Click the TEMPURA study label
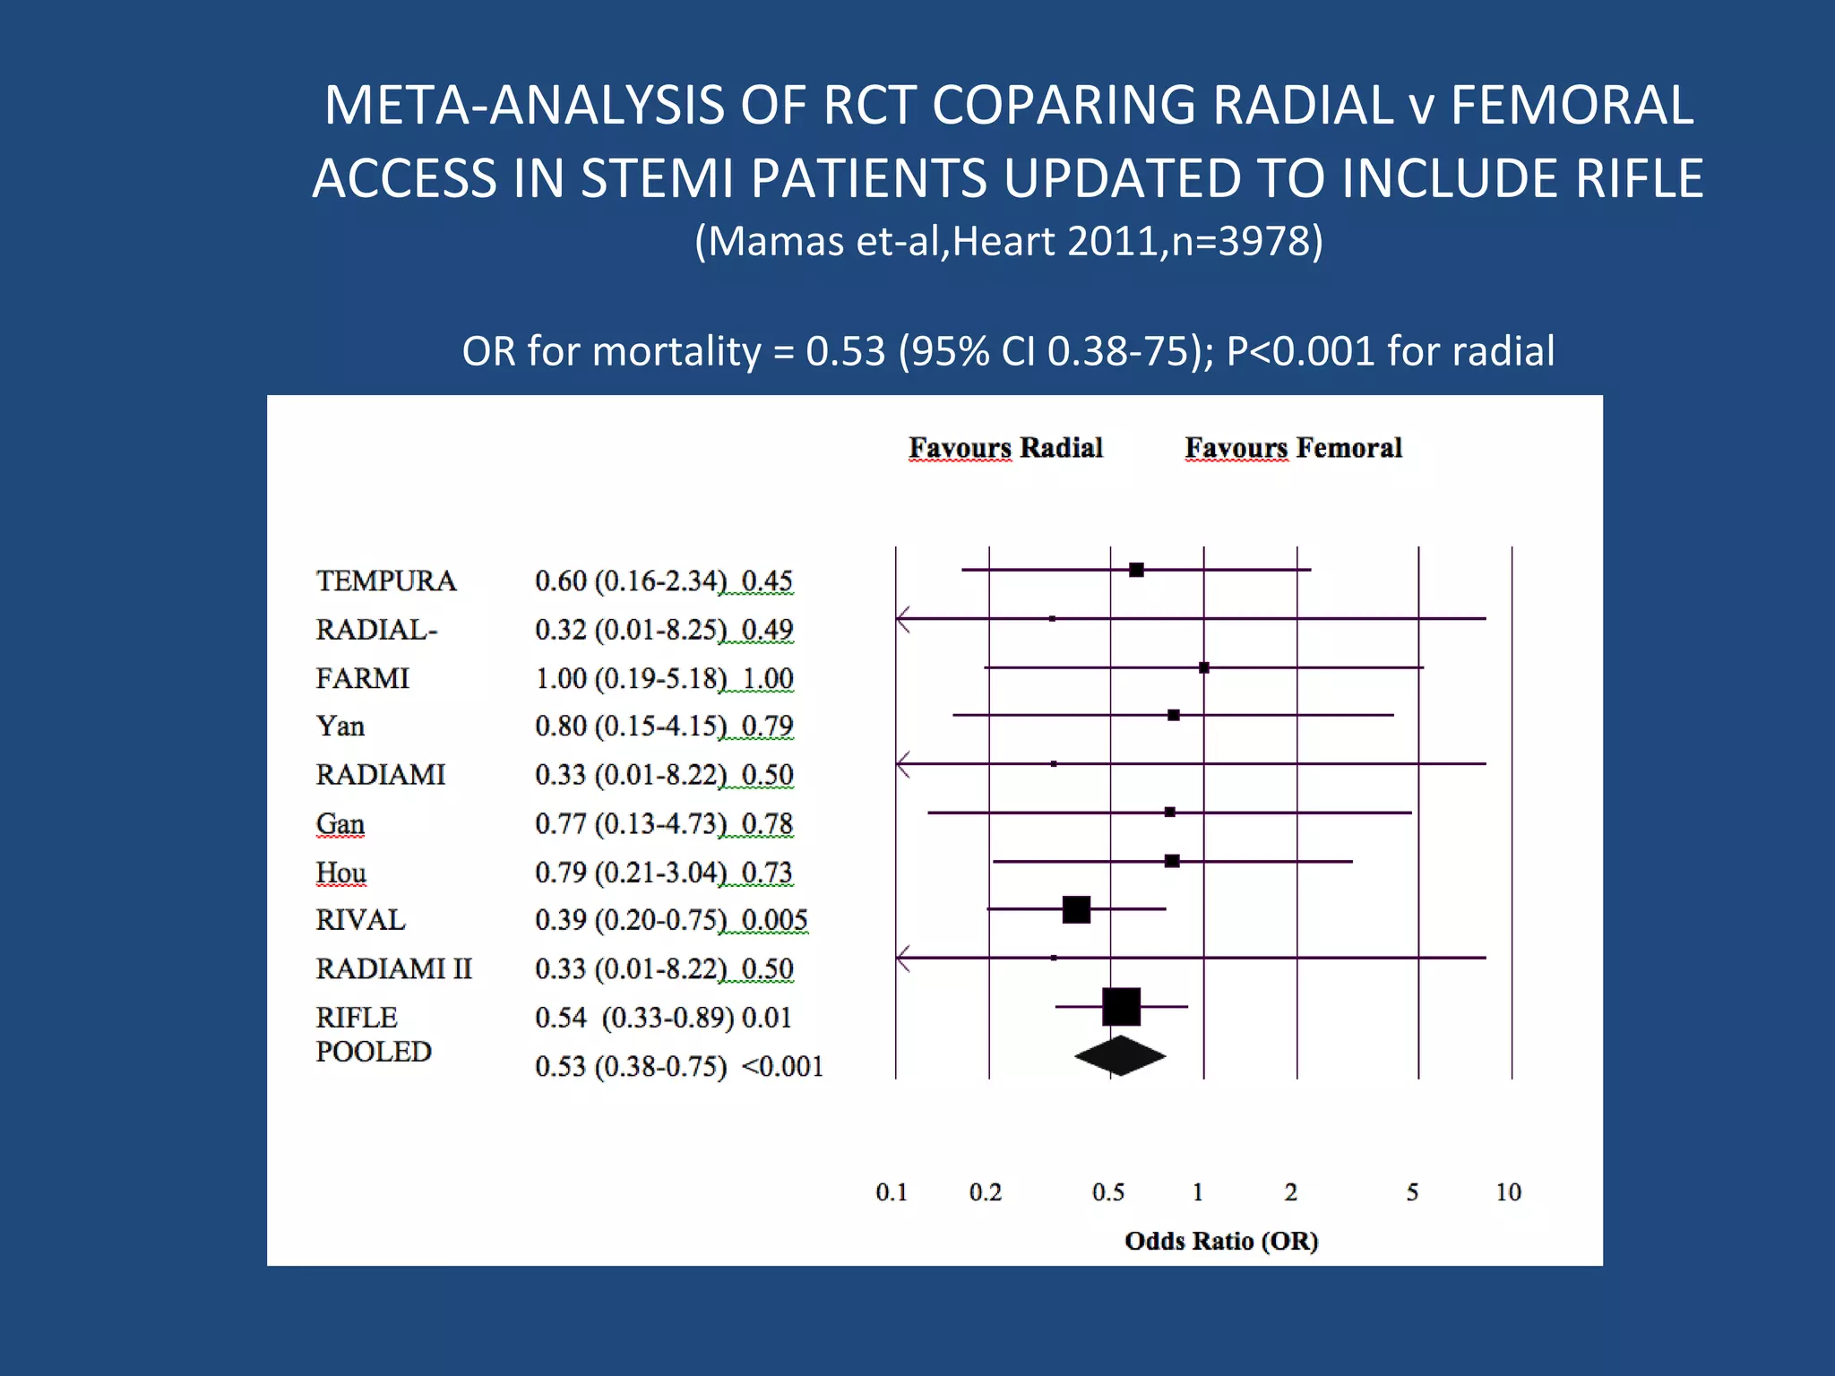click(386, 580)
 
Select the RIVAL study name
click(360, 920)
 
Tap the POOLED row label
click(374, 1052)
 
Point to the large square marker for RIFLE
click(1121, 1007)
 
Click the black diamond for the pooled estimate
click(1120, 1055)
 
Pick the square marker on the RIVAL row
click(1076, 909)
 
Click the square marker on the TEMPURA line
click(1136, 570)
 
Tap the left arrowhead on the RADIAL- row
click(902, 618)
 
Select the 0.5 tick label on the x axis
click(1108, 1192)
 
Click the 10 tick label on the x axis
click(1508, 1192)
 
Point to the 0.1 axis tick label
click(892, 1192)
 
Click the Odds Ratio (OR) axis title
click(1221, 1241)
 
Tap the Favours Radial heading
click(1005, 447)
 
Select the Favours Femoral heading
click(1293, 447)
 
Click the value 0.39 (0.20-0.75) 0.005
click(671, 920)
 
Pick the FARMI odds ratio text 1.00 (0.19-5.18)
click(631, 678)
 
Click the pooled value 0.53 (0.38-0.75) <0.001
click(678, 1066)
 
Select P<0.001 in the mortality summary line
click(1300, 351)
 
